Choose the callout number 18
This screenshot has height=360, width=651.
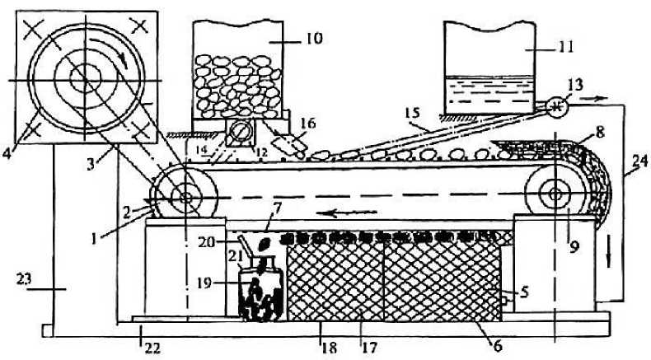point(329,347)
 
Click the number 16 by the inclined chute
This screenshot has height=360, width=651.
point(307,123)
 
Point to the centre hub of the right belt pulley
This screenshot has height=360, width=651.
point(553,195)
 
